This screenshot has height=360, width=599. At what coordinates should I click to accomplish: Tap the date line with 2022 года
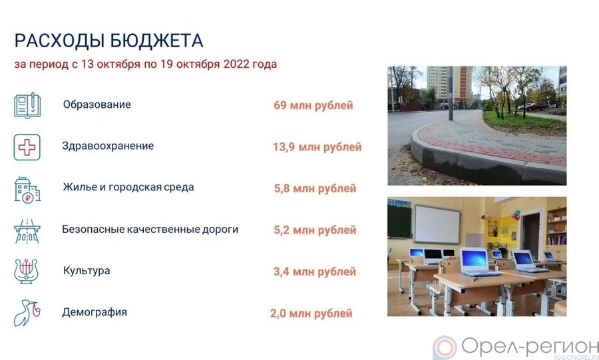[x=146, y=64]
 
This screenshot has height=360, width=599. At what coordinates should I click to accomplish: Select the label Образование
[x=97, y=104]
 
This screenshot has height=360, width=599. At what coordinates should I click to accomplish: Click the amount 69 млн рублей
[x=313, y=105]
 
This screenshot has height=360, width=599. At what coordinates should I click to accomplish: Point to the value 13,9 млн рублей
[x=317, y=147]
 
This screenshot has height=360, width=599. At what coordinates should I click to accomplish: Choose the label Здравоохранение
[x=108, y=146]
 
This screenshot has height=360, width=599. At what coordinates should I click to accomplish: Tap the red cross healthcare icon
[x=27, y=147]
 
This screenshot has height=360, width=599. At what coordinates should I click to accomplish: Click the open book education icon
[x=27, y=105]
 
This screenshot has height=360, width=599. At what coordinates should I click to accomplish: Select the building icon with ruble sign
[x=27, y=190]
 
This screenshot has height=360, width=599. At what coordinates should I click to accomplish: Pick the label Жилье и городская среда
[x=128, y=188]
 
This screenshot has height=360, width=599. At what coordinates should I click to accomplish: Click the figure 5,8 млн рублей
[x=315, y=188]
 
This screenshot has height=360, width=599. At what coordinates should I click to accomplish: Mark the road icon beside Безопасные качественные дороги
[x=27, y=231]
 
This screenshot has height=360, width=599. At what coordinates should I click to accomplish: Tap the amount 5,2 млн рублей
[x=315, y=230]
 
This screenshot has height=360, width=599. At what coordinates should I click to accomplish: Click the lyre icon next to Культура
[x=26, y=271]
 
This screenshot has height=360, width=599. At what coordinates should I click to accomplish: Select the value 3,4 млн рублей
[x=314, y=271]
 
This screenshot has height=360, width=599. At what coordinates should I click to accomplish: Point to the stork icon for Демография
[x=27, y=313]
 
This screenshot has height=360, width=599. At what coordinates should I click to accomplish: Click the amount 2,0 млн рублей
[x=311, y=314]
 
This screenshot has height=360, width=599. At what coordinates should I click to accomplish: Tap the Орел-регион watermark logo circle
[x=445, y=348]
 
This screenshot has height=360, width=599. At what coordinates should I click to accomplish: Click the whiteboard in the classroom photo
[x=437, y=224]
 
